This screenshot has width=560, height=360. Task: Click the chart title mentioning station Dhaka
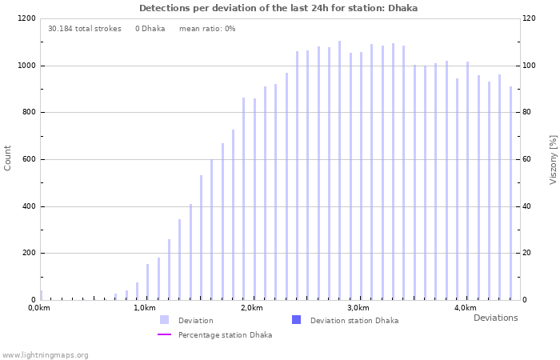(x=278, y=8)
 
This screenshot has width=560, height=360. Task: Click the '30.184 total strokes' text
(x=84, y=29)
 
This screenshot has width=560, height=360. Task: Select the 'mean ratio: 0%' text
(x=207, y=29)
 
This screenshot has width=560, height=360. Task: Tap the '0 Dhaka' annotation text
(x=150, y=29)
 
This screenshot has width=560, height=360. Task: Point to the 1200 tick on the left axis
(x=26, y=18)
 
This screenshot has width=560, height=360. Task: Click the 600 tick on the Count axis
(x=28, y=159)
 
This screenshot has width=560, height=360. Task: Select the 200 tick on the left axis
(x=28, y=254)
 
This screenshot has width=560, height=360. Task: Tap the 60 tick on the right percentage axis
(x=528, y=159)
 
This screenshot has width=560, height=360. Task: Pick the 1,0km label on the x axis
(x=145, y=308)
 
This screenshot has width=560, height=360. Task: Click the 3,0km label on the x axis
(x=358, y=308)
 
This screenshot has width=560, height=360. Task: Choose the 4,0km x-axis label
(x=465, y=308)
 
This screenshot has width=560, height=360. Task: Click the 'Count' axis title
(x=8, y=158)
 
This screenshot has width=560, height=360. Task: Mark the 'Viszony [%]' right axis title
(x=553, y=159)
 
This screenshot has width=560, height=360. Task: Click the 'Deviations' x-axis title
(x=495, y=318)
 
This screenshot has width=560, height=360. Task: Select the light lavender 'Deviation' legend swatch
(x=164, y=320)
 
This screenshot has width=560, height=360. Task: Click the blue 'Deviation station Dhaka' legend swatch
(x=296, y=320)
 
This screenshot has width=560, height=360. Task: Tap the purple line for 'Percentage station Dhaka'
(x=164, y=335)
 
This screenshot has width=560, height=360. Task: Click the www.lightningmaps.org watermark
(x=46, y=355)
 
